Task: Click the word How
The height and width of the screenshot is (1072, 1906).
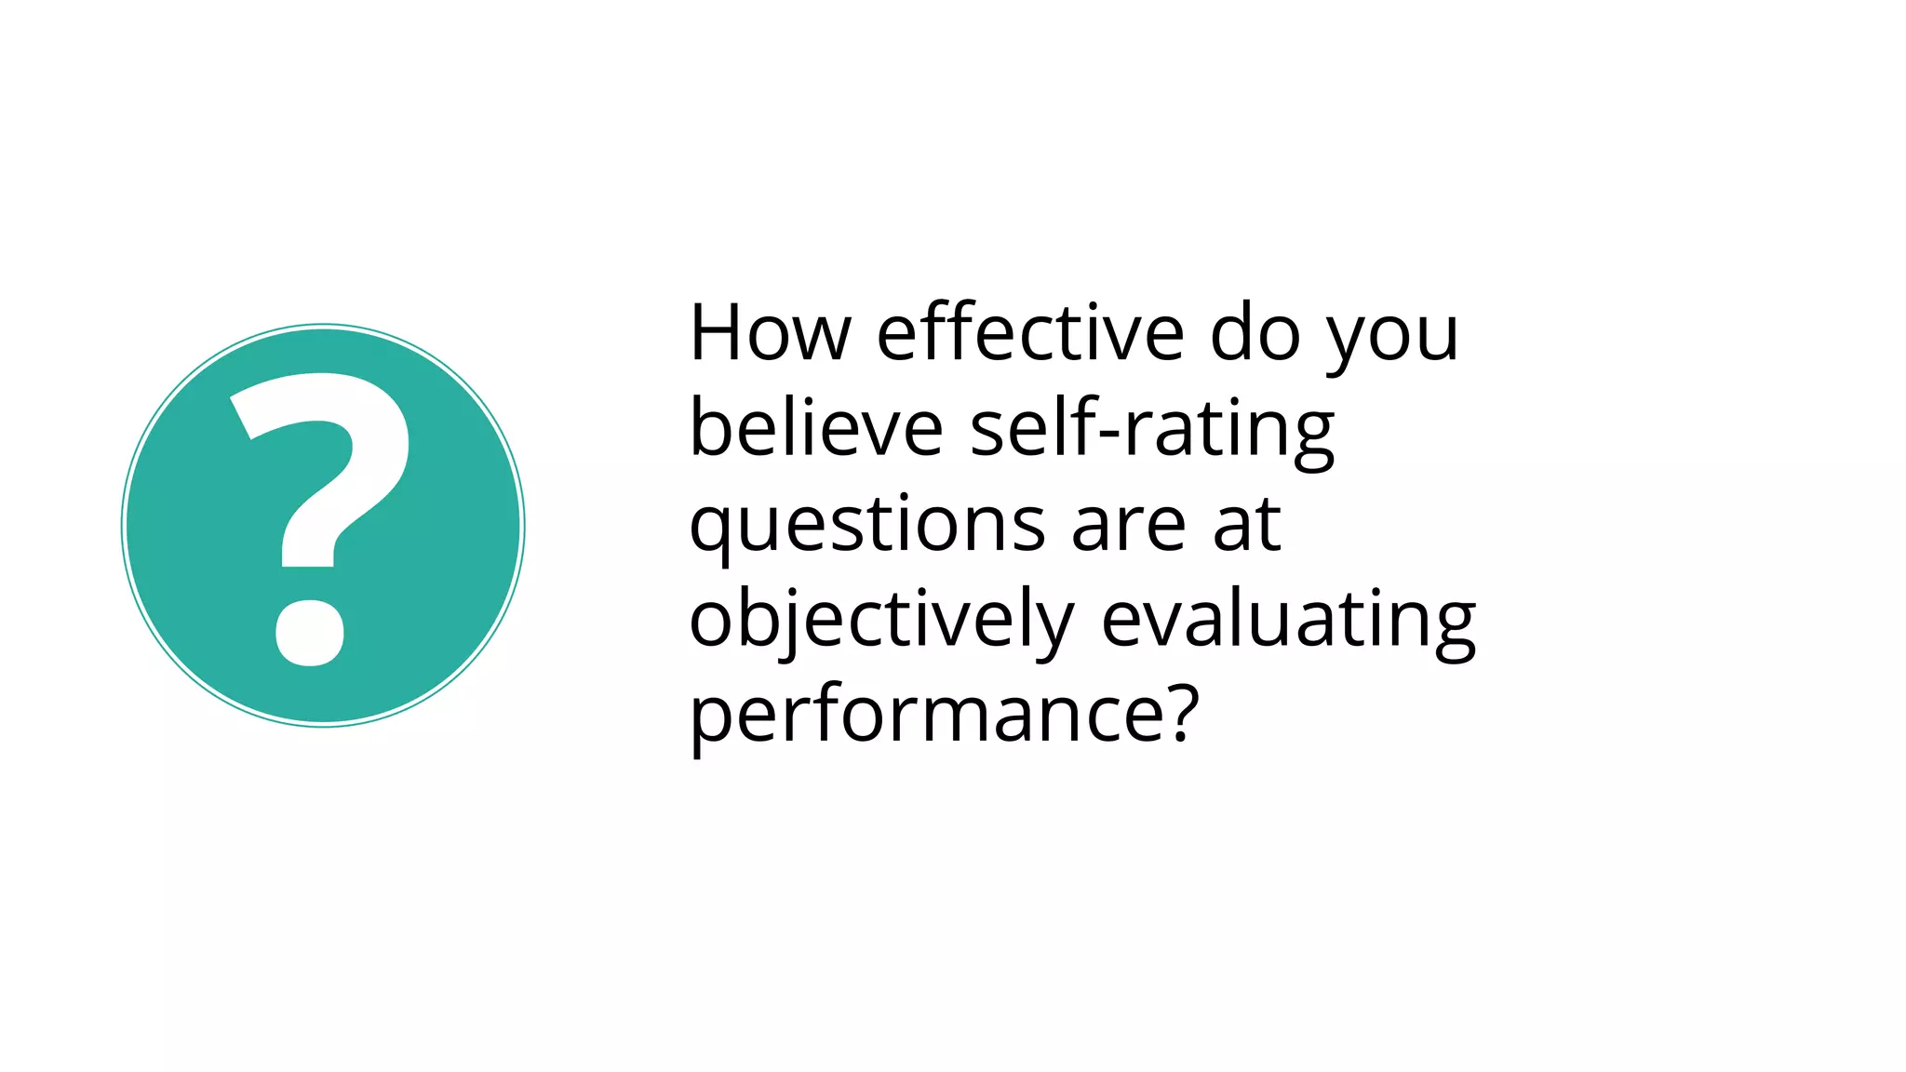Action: [770, 332]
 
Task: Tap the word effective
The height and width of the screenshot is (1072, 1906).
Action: [1029, 332]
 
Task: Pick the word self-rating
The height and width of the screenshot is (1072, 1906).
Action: [1152, 430]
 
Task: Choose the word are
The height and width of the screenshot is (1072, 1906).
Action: [1129, 527]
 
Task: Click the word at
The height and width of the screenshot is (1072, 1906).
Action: [1247, 525]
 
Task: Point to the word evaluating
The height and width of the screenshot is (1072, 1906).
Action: [1288, 621]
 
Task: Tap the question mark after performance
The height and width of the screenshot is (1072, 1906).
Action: [1177, 712]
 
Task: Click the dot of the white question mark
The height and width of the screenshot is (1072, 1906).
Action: [310, 633]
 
